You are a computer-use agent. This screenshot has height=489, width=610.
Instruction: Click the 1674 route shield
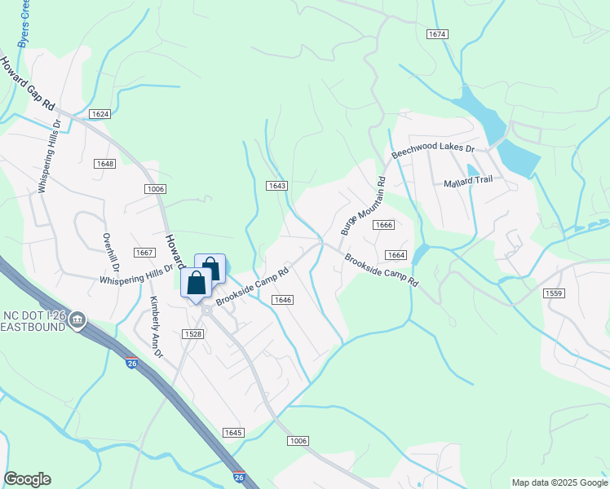pyautogui.click(x=437, y=33)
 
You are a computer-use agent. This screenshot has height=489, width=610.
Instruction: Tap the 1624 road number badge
pyautogui.click(x=100, y=114)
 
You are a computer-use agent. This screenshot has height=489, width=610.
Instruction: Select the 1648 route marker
pyautogui.click(x=105, y=164)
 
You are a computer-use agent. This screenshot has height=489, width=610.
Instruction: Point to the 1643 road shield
pyautogui.click(x=276, y=186)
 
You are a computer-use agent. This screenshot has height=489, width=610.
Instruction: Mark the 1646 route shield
pyautogui.click(x=283, y=300)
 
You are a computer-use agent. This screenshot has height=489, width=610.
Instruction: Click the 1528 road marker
pyautogui.click(x=192, y=334)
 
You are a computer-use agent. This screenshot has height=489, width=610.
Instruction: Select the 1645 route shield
pyautogui.click(x=232, y=433)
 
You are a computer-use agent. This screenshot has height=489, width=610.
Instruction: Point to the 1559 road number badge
pyautogui.click(x=554, y=293)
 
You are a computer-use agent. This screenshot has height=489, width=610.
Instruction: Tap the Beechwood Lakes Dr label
pyautogui.click(x=432, y=149)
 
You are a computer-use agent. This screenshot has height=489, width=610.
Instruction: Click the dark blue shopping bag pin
pyautogui.click(x=196, y=284)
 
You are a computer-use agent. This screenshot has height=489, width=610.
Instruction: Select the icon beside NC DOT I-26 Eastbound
pyautogui.click(x=78, y=319)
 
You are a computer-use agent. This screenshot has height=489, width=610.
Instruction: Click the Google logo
pyautogui.click(x=28, y=479)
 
